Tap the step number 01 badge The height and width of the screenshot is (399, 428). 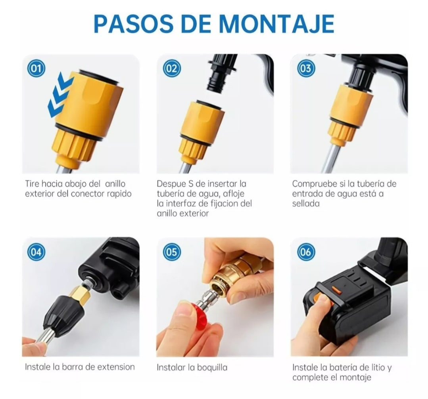coord(36,68)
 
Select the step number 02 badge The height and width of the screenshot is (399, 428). coord(172,68)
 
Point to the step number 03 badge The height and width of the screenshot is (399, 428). coord(306,68)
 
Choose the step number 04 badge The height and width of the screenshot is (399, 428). coord(36,252)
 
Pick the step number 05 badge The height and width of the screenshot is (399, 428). coord(172,252)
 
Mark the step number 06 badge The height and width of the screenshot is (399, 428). coord(306,252)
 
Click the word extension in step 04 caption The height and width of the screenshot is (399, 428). coord(116,367)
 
